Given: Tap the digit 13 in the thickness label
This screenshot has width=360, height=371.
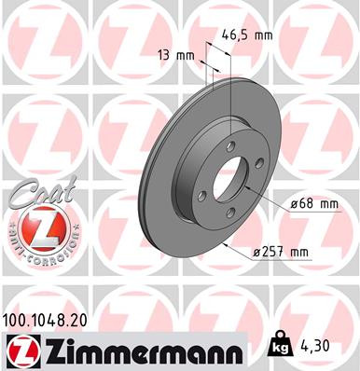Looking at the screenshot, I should (x=166, y=55).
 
